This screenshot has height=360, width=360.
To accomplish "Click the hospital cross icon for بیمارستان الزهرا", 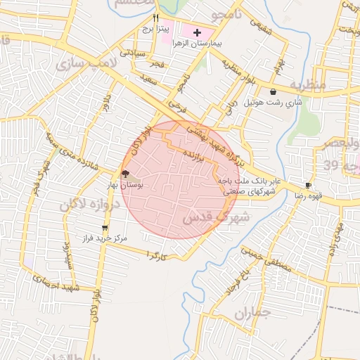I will [x=196, y=32].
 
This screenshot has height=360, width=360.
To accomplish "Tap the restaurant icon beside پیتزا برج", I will [x=156, y=17].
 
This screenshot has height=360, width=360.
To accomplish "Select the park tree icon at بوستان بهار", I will [x=125, y=173].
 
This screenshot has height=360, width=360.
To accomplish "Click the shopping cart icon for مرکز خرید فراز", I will [x=105, y=227].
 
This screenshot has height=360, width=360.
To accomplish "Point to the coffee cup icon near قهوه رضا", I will [x=308, y=185].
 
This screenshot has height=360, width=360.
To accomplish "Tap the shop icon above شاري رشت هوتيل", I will [x=273, y=91].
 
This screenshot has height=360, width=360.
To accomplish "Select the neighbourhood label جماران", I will [x=252, y=316].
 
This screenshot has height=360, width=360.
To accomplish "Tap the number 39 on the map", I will [x=346, y=167].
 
